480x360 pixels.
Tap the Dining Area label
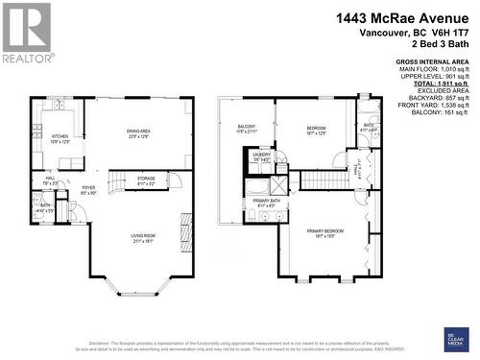pos(141,134)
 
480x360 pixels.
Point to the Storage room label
pos(146,180)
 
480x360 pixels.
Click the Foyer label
pos(88,190)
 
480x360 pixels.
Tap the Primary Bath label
pos(265,203)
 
